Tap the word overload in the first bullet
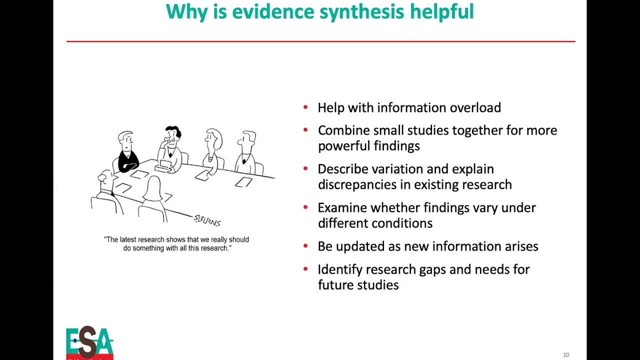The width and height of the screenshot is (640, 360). (475, 108)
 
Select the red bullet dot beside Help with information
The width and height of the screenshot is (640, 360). (305, 107)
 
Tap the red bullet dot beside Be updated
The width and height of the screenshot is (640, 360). (305, 245)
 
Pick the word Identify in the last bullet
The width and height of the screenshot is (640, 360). (340, 269)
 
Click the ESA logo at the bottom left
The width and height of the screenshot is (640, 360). (89, 342)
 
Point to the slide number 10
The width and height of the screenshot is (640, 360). (566, 355)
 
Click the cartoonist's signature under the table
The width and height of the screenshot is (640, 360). (207, 220)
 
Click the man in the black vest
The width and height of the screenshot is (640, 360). (127, 152)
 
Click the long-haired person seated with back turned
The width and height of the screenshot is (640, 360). (153, 197)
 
